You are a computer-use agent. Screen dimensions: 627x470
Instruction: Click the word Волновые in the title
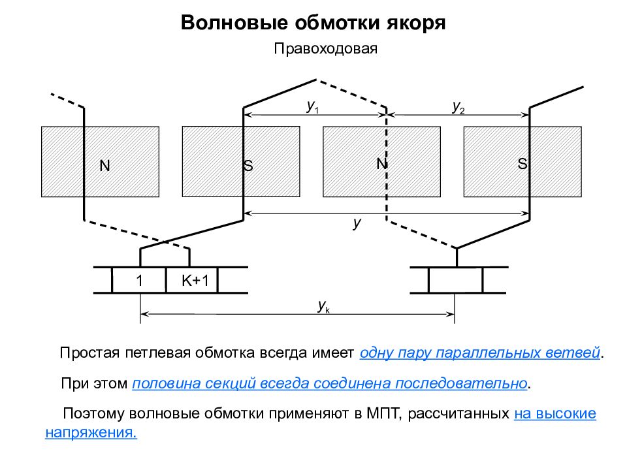pyautogui.click(x=234, y=23)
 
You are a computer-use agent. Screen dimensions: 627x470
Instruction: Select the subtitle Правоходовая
pyautogui.click(x=325, y=49)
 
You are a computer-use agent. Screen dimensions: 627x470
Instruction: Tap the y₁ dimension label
pyautogui.click(x=313, y=106)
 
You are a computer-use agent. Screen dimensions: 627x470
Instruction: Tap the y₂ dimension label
pyautogui.click(x=458, y=107)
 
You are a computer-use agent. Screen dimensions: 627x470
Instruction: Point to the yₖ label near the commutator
pyautogui.click(x=323, y=306)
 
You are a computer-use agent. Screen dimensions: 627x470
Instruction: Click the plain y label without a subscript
pyautogui.click(x=357, y=223)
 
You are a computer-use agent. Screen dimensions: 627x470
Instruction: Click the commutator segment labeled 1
pyautogui.click(x=139, y=280)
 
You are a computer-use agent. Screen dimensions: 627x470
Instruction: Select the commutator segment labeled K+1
pyautogui.click(x=192, y=280)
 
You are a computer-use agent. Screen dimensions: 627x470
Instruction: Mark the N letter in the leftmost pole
pyautogui.click(x=104, y=165)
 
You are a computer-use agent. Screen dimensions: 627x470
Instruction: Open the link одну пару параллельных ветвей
pyautogui.click(x=480, y=353)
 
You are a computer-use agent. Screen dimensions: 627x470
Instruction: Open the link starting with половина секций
pyautogui.click(x=330, y=383)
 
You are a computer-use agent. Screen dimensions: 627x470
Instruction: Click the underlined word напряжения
pyautogui.click(x=91, y=432)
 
